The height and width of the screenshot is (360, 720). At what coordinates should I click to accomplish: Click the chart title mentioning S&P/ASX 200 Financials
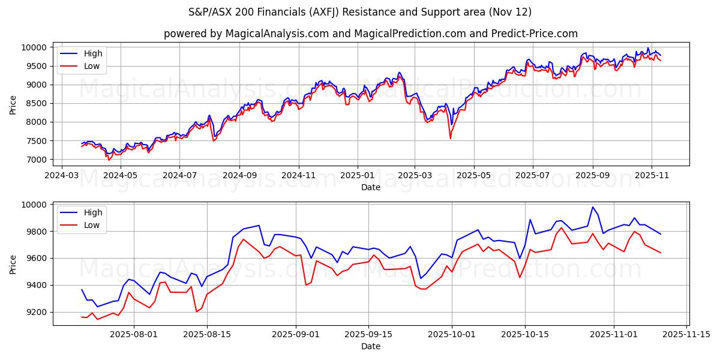click(x=360, y=12)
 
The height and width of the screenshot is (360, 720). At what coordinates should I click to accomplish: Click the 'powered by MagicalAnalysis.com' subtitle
click(x=370, y=34)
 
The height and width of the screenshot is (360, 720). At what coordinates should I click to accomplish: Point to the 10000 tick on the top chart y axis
click(x=35, y=47)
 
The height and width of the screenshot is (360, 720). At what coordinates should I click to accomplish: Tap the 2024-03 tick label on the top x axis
click(x=62, y=175)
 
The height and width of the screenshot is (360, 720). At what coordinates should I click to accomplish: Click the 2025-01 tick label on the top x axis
click(x=357, y=175)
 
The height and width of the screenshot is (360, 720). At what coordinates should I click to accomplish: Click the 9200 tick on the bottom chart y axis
click(x=37, y=312)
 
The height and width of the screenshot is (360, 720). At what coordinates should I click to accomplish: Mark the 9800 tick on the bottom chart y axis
click(x=37, y=232)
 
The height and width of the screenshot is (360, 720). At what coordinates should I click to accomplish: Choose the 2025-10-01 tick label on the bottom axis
click(x=452, y=334)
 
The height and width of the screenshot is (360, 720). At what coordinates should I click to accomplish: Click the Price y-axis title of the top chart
click(x=13, y=104)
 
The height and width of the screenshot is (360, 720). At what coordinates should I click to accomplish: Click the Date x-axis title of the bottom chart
click(x=371, y=346)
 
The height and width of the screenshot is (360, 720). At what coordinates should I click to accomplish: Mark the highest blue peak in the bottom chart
click(x=593, y=207)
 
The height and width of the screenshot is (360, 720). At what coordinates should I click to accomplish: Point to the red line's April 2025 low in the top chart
click(x=451, y=139)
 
